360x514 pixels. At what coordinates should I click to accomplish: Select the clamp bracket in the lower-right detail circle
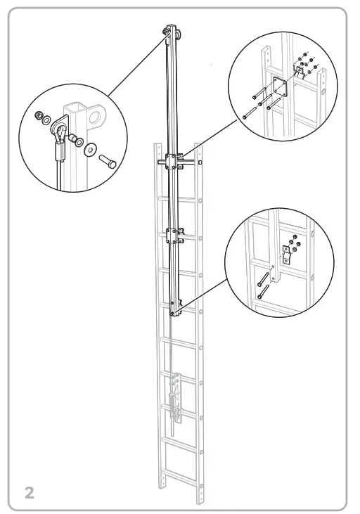pos(287,255)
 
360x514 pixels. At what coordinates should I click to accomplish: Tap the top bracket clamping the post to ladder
pos(174,161)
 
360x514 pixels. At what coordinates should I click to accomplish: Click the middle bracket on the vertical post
pos(174,235)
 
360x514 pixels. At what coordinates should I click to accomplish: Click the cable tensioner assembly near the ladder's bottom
pos(174,401)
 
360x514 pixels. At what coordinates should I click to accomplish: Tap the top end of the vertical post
pos(170,32)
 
